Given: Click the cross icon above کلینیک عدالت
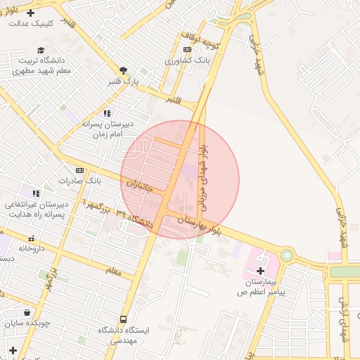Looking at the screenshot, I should point(30,13).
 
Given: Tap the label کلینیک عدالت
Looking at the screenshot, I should point(30,23).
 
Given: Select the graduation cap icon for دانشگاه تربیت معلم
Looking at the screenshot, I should point(41,50).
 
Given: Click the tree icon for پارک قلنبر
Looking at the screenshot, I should point(124,70).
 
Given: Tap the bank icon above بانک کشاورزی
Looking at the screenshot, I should point(186,49).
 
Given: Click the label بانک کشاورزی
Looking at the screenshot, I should point(187,60).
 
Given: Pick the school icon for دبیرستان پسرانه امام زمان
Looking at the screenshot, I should point(107,113).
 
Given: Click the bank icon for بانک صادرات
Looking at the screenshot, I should point(79,170).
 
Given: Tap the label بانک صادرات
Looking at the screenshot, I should point(80,181).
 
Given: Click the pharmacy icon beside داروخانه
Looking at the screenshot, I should point(31,238).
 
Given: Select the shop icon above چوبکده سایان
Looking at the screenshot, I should point(26,313).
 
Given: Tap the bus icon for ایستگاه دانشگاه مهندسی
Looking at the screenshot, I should point(124,319).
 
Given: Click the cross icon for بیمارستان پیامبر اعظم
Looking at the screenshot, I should point(260,271).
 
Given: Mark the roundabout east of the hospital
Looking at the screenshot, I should point(287,255).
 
